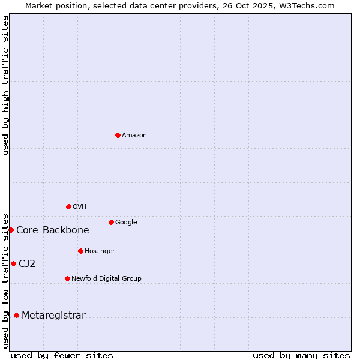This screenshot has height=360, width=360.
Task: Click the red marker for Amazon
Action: click(x=118, y=135)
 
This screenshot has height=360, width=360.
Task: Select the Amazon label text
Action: click(x=134, y=136)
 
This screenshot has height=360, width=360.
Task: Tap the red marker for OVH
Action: click(x=68, y=206)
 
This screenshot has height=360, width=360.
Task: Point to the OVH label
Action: click(x=80, y=207)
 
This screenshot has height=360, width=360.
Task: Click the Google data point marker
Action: click(x=111, y=222)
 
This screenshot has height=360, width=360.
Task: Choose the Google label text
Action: click(x=126, y=223)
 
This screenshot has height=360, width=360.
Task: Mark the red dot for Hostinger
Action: click(x=80, y=251)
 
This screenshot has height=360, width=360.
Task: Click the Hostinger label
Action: click(x=100, y=251)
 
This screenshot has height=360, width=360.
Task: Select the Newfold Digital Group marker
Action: click(x=67, y=278)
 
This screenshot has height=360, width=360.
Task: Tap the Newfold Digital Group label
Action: click(x=106, y=278)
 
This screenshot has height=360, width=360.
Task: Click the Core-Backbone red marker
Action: click(x=11, y=230)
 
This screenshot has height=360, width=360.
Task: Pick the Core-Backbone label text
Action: click(x=53, y=230)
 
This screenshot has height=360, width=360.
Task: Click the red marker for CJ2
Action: click(x=13, y=263)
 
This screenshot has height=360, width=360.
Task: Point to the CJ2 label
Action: click(x=27, y=264)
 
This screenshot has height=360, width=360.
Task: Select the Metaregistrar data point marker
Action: click(x=16, y=315)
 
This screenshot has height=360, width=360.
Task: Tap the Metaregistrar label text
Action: click(x=53, y=316)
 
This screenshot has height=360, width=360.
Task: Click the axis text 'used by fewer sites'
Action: click(x=62, y=355)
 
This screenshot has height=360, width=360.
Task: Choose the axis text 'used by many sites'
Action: click(x=301, y=355)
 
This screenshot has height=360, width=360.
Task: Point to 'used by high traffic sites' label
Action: click(x=5, y=85)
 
